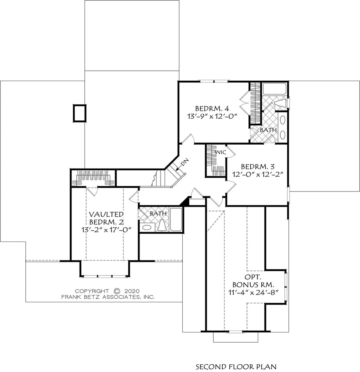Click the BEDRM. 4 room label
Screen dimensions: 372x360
point(212,108)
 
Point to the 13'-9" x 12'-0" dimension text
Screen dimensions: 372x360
point(212,117)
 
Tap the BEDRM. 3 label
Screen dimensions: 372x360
point(258,166)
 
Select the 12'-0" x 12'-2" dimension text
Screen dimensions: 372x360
point(258,175)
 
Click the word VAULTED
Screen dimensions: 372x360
point(106,214)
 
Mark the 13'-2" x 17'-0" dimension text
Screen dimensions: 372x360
point(106,230)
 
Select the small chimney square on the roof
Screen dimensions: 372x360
point(80,113)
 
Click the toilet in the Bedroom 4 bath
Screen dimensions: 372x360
point(281,104)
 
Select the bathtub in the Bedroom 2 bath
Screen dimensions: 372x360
point(177,219)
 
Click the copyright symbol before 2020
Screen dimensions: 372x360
point(117,291)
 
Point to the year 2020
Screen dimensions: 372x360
point(132,291)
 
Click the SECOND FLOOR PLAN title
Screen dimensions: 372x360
point(236,366)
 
